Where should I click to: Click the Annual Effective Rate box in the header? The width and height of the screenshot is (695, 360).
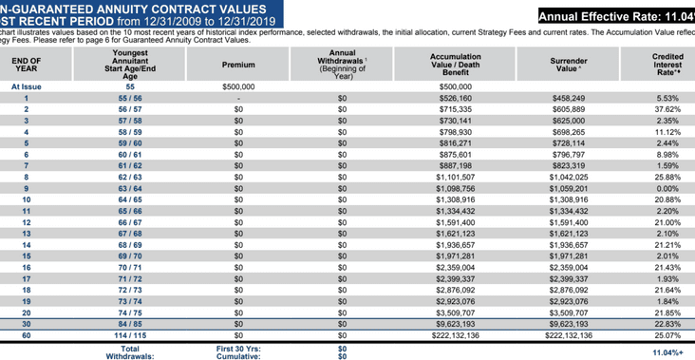(x=615, y=16)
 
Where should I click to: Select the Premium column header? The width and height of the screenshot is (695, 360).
(x=238, y=65)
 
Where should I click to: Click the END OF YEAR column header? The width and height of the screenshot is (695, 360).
(x=27, y=65)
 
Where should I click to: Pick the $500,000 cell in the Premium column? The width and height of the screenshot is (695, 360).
(x=238, y=86)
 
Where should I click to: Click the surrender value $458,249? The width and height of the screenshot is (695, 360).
(x=569, y=98)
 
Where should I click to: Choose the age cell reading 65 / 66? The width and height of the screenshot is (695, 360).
(x=130, y=212)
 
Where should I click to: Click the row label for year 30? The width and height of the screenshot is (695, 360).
(x=27, y=323)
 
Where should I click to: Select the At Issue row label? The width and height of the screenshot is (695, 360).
(x=27, y=86)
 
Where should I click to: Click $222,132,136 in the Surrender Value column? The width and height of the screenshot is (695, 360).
(x=569, y=335)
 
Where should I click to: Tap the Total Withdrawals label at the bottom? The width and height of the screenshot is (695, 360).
(x=130, y=352)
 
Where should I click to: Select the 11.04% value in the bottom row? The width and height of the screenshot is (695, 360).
(x=667, y=352)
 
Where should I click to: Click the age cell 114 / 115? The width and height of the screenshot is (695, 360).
(x=130, y=335)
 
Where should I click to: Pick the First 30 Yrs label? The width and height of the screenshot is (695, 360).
(x=238, y=348)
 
